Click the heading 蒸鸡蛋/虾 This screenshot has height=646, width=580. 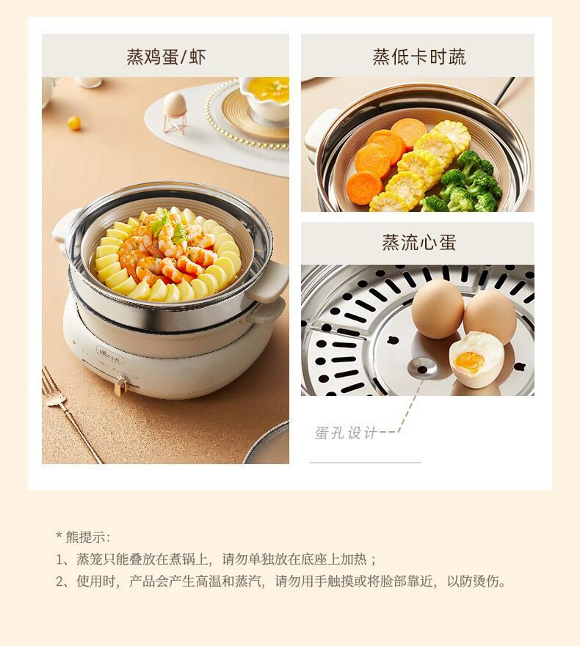(166, 57)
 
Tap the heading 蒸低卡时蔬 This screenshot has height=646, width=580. (418, 57)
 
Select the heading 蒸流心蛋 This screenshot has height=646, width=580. (418, 242)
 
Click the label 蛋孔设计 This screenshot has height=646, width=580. (346, 433)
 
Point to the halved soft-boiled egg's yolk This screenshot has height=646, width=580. (468, 361)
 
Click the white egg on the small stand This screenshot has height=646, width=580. (175, 103)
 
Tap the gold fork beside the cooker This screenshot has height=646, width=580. (71, 414)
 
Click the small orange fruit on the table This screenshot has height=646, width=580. (74, 122)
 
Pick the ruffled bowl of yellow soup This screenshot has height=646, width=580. (265, 98)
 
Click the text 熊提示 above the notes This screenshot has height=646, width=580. (85, 537)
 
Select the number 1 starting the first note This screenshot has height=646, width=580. (60, 559)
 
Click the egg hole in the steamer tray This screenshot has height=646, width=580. (422, 367)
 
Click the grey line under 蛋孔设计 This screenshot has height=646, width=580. (366, 462)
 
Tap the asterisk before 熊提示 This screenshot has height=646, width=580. (59, 536)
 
